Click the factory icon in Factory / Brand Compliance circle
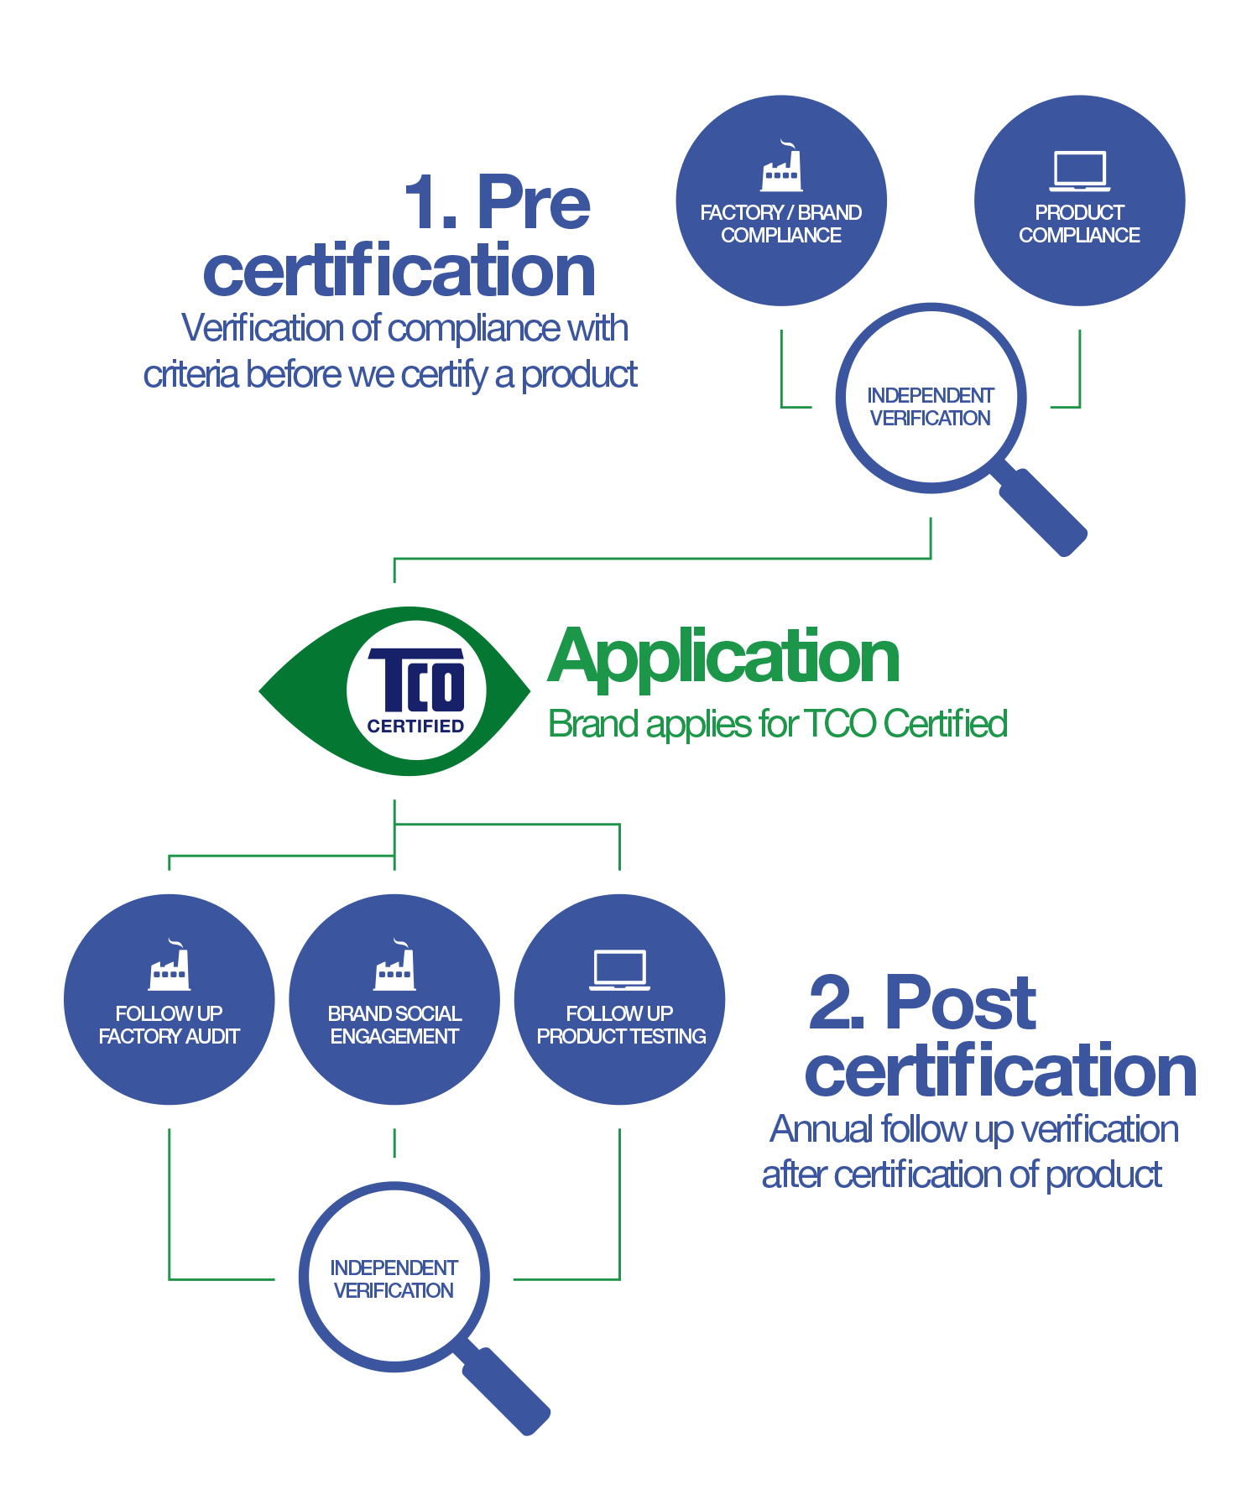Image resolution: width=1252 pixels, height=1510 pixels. click(x=781, y=168)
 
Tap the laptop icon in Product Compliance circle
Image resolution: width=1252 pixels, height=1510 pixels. click(x=1079, y=171)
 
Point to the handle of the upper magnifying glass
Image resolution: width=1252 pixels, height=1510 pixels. click(x=1043, y=511)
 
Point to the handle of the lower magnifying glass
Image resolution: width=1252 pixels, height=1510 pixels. click(x=506, y=1390)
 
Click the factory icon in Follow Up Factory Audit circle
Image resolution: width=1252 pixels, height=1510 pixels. click(x=170, y=967)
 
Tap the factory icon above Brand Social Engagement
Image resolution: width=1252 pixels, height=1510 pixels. click(x=394, y=967)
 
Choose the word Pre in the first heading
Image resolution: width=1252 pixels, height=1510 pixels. click(x=534, y=203)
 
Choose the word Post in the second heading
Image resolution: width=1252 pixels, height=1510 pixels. click(x=960, y=1003)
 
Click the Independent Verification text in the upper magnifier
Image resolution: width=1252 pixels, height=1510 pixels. click(x=930, y=407)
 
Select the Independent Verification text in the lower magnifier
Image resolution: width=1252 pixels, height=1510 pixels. click(x=394, y=1279)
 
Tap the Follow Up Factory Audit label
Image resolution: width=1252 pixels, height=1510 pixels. click(x=170, y=1025)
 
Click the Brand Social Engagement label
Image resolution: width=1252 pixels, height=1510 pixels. click(x=394, y=1025)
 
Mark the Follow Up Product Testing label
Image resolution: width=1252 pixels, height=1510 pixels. click(x=621, y=1025)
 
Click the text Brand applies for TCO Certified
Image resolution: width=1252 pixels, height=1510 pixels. click(x=777, y=724)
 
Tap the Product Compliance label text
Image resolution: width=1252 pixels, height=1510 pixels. click(x=1079, y=224)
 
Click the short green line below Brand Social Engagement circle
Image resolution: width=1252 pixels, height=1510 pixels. click(x=394, y=1143)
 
